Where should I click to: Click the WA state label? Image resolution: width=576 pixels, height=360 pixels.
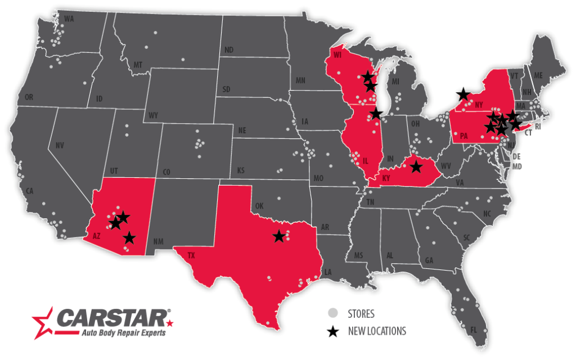tap(69, 19)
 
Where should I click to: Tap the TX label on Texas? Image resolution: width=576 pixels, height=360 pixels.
tap(191, 255)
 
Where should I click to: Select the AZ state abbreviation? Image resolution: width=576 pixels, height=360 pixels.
tap(96, 236)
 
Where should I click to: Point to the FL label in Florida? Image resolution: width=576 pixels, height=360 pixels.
tap(473, 329)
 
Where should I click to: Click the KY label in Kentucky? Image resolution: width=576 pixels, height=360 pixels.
tap(386, 178)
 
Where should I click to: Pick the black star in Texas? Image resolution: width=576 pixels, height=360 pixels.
tap(279, 236)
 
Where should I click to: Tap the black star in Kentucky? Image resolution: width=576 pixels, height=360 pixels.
tap(416, 166)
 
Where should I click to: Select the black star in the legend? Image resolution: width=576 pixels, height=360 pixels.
tap(333, 331)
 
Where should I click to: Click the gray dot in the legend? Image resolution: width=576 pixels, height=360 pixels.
tap(333, 313)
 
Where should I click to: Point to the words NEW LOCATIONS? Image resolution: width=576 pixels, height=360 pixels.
tap(377, 331)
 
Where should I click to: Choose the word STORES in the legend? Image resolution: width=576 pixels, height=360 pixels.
tap(361, 314)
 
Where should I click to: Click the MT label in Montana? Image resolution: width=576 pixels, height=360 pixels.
tap(138, 65)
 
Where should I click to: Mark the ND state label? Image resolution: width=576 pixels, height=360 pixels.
tap(229, 50)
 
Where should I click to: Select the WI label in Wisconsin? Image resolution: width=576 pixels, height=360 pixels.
tap(337, 56)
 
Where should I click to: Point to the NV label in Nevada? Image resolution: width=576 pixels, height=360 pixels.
tap(60, 146)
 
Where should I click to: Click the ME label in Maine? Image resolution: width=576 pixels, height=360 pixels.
tap(538, 75)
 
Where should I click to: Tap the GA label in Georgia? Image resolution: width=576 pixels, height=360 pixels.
tap(429, 260)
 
